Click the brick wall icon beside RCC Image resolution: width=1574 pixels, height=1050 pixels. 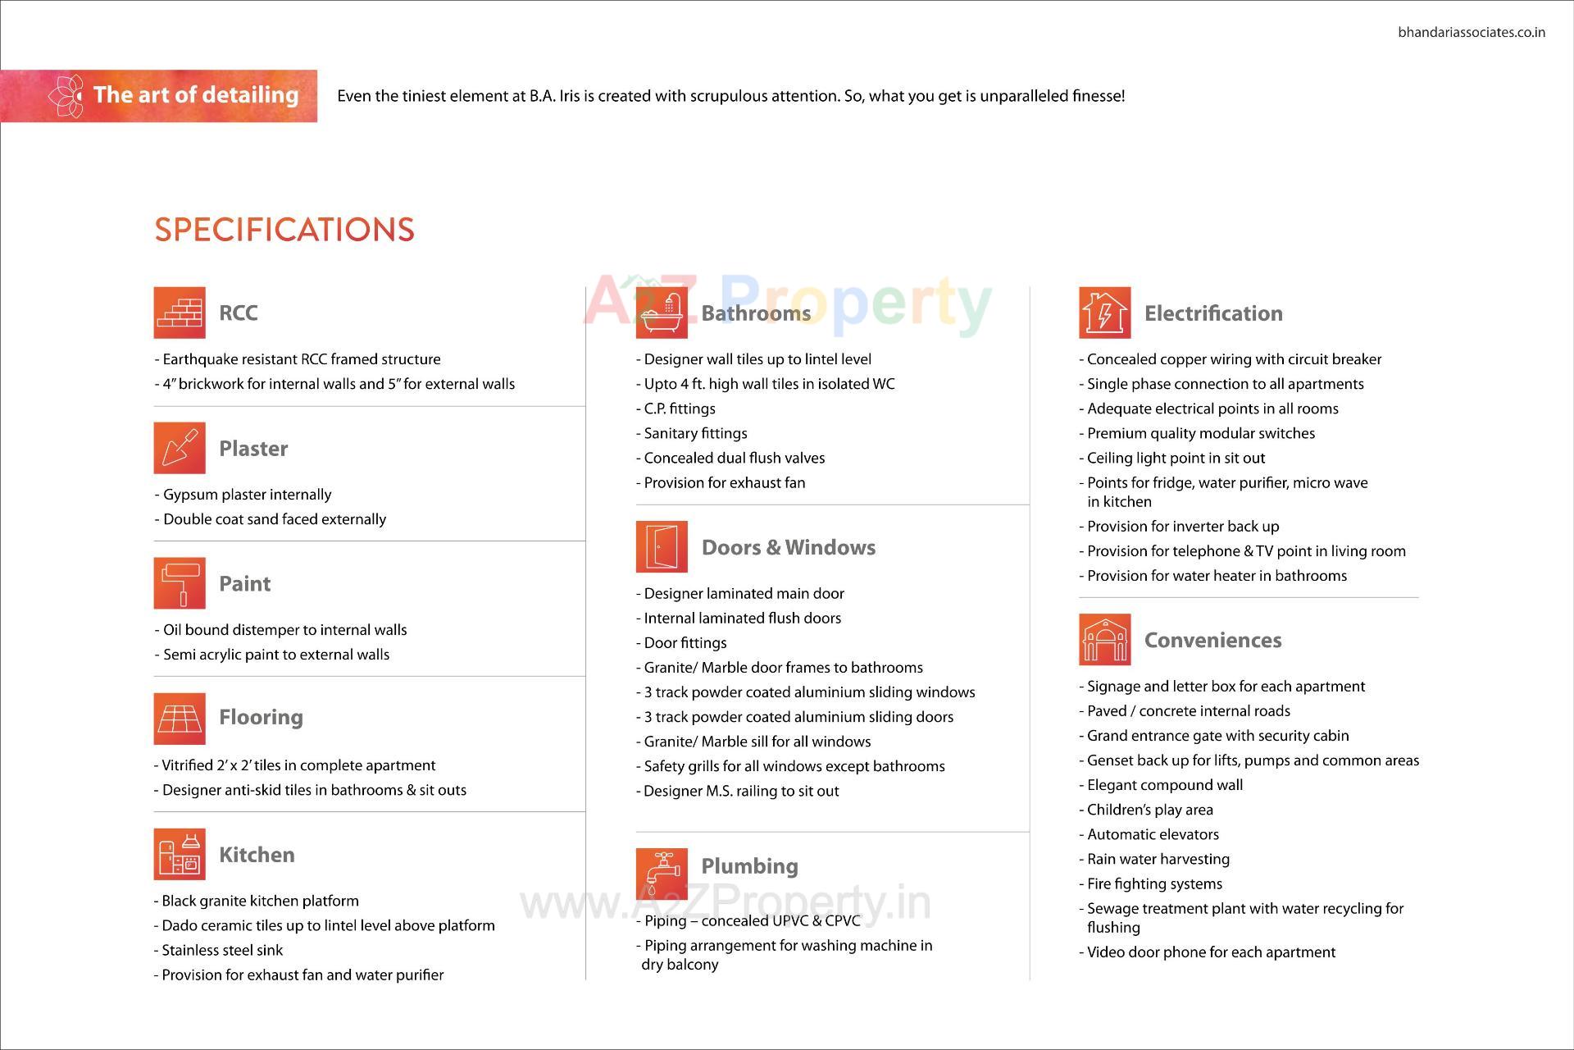click(x=179, y=313)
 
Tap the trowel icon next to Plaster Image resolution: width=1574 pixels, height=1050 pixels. click(x=179, y=448)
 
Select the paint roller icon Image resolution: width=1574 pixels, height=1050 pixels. click(x=179, y=583)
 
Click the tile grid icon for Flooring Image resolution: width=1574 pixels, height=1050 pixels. click(x=179, y=719)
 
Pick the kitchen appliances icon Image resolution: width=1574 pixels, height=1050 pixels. click(x=179, y=854)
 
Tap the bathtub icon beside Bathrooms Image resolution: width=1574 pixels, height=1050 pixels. click(x=662, y=313)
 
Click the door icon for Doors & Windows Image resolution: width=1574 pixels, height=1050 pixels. click(x=662, y=546)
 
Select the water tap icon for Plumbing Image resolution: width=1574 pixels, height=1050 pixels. click(x=662, y=874)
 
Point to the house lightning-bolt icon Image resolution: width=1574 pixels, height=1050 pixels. click(x=1104, y=313)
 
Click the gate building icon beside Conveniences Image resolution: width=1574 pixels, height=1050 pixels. click(x=1104, y=639)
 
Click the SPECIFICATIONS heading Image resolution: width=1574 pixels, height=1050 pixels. click(x=284, y=230)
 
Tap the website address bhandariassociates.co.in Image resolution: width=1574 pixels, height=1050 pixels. click(x=1471, y=33)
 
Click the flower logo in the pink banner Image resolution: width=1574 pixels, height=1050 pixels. click(x=66, y=96)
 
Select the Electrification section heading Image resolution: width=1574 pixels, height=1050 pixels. click(x=1212, y=313)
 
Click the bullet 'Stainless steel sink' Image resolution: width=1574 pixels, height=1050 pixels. click(x=222, y=950)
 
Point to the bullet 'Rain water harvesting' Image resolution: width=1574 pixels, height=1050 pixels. click(x=1158, y=859)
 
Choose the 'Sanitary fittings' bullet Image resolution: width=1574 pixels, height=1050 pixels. click(x=695, y=433)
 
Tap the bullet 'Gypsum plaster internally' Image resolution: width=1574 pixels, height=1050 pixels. click(x=247, y=495)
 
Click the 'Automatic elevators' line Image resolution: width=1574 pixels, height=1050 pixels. click(x=1153, y=834)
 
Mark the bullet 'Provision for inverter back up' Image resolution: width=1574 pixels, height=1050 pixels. click(x=1182, y=527)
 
